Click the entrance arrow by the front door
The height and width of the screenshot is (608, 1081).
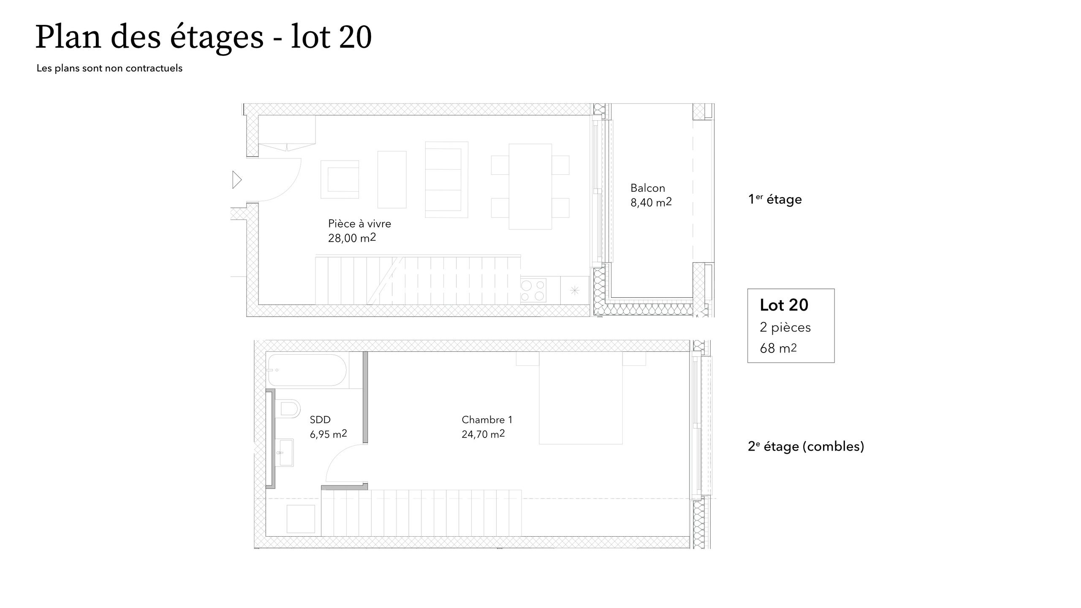click(x=237, y=179)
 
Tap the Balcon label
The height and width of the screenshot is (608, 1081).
click(x=647, y=188)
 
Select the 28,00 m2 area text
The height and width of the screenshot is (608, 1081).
click(x=352, y=238)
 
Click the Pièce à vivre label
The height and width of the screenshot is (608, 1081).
click(x=359, y=223)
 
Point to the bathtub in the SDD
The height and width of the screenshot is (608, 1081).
click(x=307, y=370)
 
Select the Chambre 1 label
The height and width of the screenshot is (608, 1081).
click(x=487, y=420)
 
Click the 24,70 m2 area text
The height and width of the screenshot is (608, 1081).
click(x=483, y=434)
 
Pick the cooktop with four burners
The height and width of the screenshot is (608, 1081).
click(x=532, y=290)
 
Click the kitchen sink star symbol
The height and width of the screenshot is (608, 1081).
click(x=574, y=290)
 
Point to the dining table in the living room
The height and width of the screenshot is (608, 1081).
click(x=530, y=187)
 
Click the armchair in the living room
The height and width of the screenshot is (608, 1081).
click(x=340, y=179)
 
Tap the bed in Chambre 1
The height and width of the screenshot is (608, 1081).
click(x=581, y=398)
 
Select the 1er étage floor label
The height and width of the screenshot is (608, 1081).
click(x=775, y=199)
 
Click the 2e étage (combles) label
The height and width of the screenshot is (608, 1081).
click(x=806, y=446)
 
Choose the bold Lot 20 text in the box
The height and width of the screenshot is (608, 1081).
click(x=784, y=305)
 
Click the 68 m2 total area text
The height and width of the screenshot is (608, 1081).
click(x=778, y=348)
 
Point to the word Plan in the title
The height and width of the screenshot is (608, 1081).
click(x=68, y=37)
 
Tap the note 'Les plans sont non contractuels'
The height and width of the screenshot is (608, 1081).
click(x=109, y=68)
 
